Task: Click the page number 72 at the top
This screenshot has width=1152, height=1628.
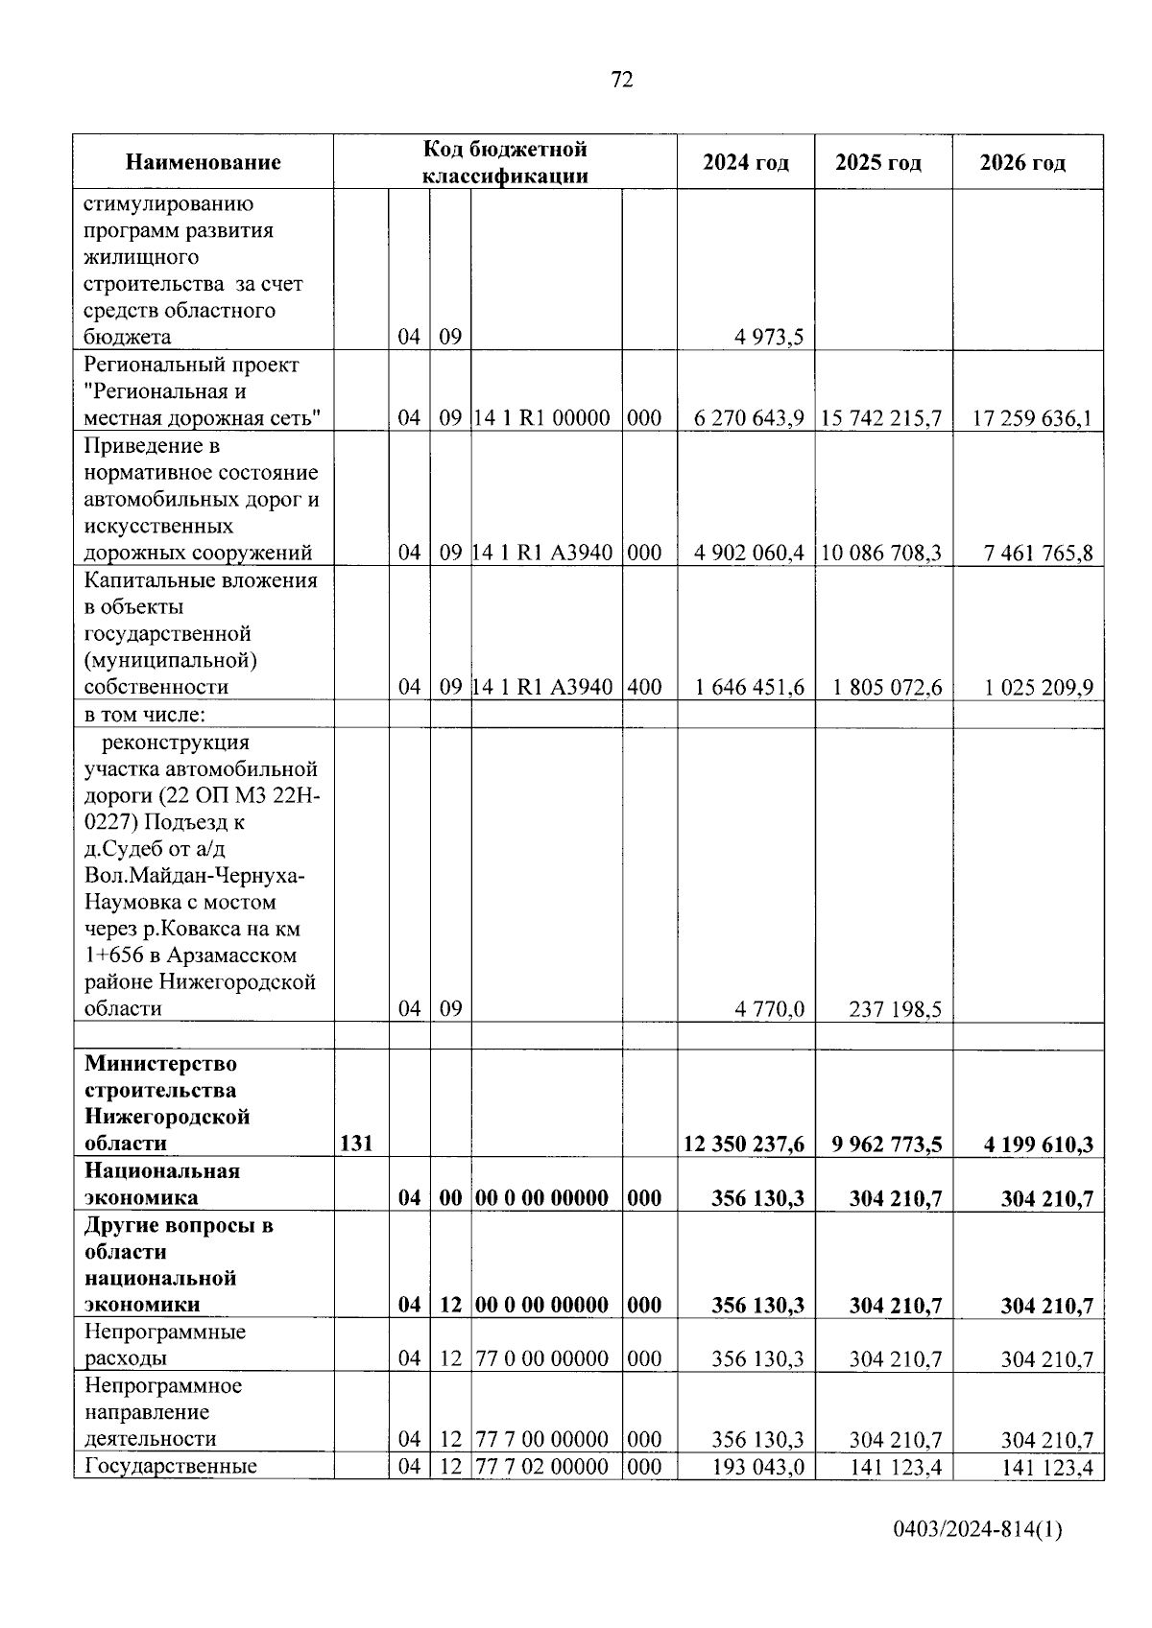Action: [621, 80]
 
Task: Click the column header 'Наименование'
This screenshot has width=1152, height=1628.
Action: [203, 162]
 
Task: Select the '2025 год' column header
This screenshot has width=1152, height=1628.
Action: [877, 162]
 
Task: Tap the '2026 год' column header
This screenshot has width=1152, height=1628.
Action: [1022, 162]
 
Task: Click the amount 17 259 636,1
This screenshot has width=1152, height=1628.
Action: [1032, 418]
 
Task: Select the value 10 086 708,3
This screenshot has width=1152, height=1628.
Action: [880, 553]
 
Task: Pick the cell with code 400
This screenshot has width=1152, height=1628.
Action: [643, 687]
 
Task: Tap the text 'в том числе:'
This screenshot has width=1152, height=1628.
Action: [146, 715]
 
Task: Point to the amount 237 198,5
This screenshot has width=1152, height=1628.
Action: [896, 1009]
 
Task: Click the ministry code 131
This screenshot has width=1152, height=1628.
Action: [356, 1144]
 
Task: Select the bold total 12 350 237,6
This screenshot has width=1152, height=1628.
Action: [744, 1144]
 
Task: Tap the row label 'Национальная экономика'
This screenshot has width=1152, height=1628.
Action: [161, 1184]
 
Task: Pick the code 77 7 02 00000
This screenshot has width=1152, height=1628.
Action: [542, 1466]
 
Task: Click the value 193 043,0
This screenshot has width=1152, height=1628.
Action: [757, 1466]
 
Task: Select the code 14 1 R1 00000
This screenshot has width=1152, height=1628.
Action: [542, 418]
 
